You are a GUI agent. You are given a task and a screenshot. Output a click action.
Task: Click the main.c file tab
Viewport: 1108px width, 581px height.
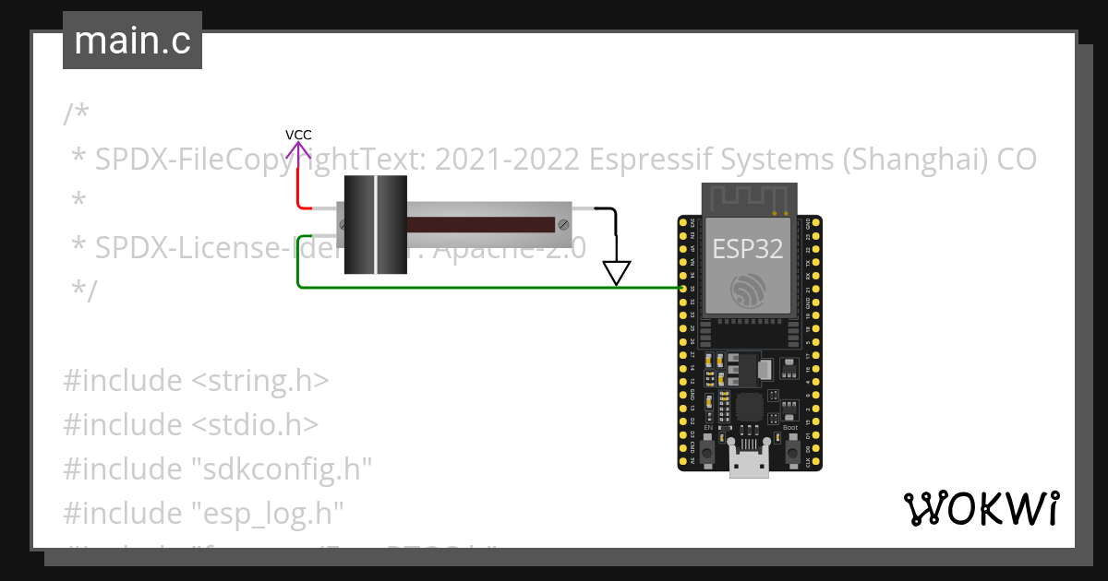point(132,41)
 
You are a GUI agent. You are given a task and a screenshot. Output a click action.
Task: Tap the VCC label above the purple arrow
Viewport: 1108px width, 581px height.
point(298,135)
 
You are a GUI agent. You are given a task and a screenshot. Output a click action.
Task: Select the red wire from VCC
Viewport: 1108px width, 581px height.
point(298,189)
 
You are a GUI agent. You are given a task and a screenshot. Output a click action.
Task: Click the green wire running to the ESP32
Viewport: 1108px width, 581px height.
point(480,287)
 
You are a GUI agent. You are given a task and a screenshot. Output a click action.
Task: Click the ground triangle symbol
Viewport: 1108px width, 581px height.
point(616,272)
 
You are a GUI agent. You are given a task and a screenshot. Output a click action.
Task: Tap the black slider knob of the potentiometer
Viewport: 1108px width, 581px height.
point(375,225)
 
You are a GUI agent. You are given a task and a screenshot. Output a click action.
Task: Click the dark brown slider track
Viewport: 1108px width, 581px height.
point(480,224)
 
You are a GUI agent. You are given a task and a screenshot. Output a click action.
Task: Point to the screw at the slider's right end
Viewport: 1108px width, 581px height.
point(562,224)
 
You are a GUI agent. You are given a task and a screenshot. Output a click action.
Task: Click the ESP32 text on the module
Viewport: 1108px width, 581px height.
point(748,248)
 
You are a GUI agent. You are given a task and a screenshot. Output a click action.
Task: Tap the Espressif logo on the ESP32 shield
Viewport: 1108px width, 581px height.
point(749,290)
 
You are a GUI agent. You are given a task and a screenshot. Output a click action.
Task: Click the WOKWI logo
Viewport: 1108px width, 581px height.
point(981,508)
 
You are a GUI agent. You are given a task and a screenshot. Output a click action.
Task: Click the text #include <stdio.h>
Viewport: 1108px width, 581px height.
point(191,425)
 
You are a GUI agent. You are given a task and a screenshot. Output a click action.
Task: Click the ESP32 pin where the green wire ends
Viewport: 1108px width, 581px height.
point(683,288)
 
